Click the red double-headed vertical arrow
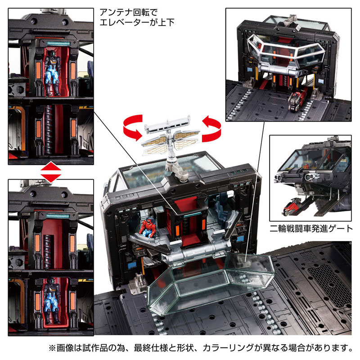50,172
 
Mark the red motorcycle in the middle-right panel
292,208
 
